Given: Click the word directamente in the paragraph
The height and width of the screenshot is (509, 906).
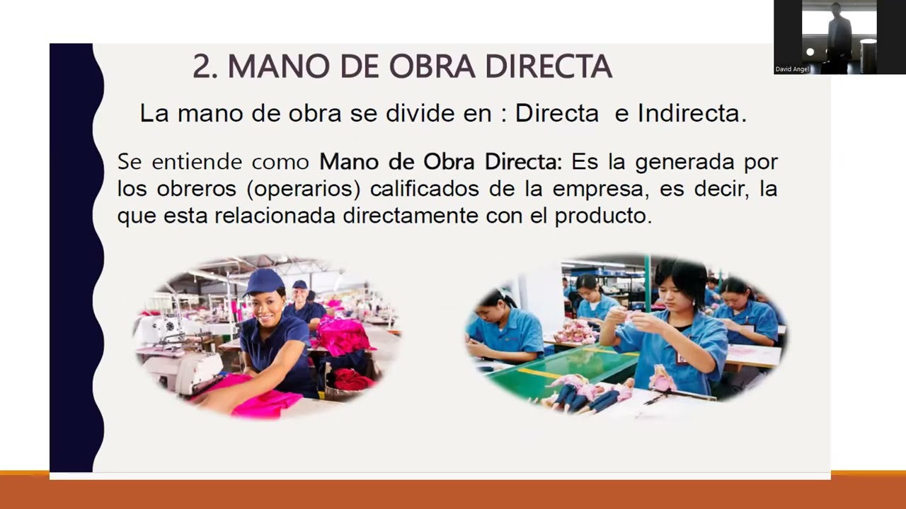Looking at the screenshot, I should point(411,216).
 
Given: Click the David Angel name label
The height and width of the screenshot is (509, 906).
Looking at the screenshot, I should point(791,69).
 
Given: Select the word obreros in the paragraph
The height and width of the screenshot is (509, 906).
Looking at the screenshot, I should point(187,189).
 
